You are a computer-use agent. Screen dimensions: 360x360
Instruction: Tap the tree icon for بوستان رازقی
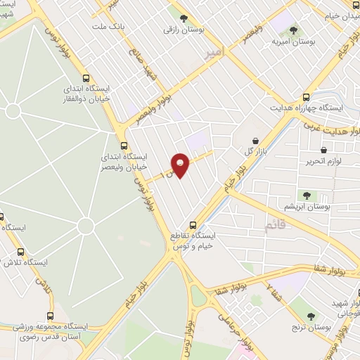click(184, 19)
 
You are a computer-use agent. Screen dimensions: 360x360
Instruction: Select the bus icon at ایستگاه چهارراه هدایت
click(305, 98)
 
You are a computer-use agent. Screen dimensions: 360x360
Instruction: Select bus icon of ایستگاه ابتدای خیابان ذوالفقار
click(86, 79)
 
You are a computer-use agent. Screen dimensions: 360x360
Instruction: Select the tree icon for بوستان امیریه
click(293, 30)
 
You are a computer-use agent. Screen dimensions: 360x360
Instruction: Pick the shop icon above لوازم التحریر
click(323, 150)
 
